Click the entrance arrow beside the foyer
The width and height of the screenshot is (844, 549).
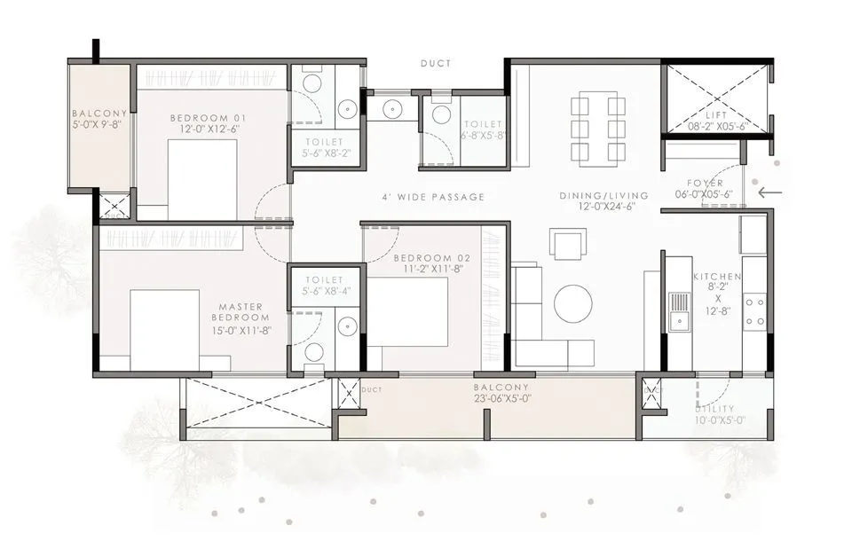[x=769, y=190]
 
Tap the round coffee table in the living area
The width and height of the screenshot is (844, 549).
[x=572, y=303]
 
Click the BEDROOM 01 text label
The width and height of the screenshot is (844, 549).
[x=209, y=118]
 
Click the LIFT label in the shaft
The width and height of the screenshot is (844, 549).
[x=715, y=115]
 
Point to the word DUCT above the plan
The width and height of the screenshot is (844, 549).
[x=436, y=64]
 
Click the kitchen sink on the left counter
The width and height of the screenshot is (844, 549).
[x=679, y=310]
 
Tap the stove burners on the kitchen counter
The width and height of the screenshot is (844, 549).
[x=755, y=311]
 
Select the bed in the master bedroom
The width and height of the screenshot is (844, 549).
[x=164, y=329]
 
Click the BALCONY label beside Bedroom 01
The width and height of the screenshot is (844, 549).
[x=100, y=114]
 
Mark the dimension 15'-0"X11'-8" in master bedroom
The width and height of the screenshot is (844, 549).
[x=241, y=330]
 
